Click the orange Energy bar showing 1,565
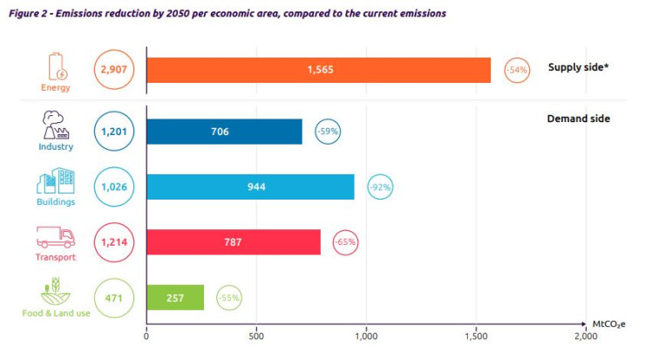[x=318, y=69]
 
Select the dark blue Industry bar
[x=224, y=132]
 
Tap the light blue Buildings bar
[x=250, y=187]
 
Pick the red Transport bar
[x=234, y=241]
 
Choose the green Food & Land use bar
[x=175, y=297]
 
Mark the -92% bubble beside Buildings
[x=380, y=187]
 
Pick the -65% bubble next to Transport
[x=346, y=241]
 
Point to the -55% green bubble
[x=229, y=297]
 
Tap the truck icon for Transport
[x=54, y=236]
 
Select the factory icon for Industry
[x=54, y=125]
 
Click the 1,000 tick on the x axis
[x=365, y=335]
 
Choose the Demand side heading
[x=578, y=119]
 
